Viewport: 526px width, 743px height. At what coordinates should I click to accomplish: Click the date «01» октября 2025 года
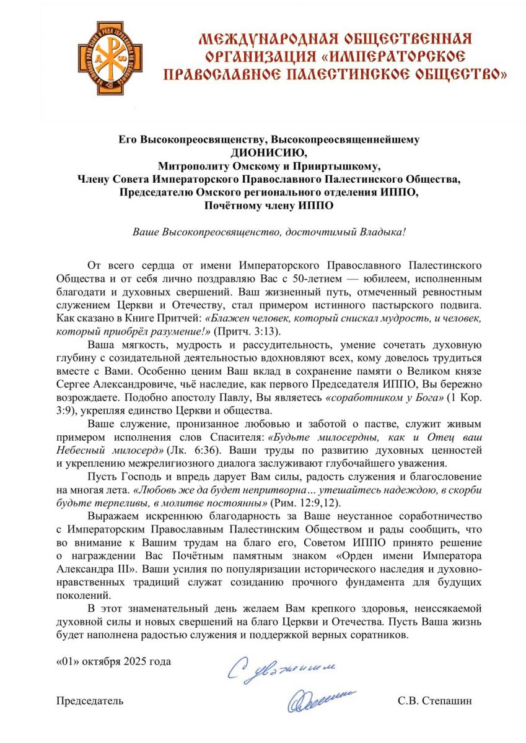point(113,661)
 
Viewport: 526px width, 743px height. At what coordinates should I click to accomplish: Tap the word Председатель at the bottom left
point(90,701)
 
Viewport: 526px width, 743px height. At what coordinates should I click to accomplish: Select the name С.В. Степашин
point(436,701)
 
